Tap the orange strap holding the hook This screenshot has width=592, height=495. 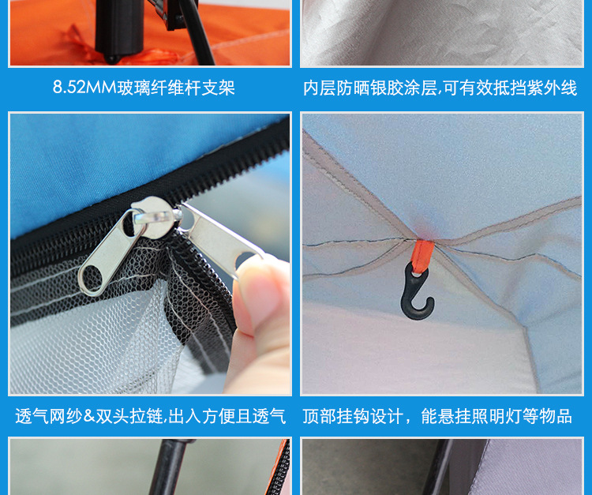(x=422, y=256)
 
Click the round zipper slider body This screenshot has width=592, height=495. (x=155, y=216)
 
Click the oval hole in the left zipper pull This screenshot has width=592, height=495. (x=92, y=278)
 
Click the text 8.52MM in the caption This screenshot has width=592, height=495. (x=84, y=87)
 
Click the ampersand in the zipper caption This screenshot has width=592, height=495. (x=88, y=416)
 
